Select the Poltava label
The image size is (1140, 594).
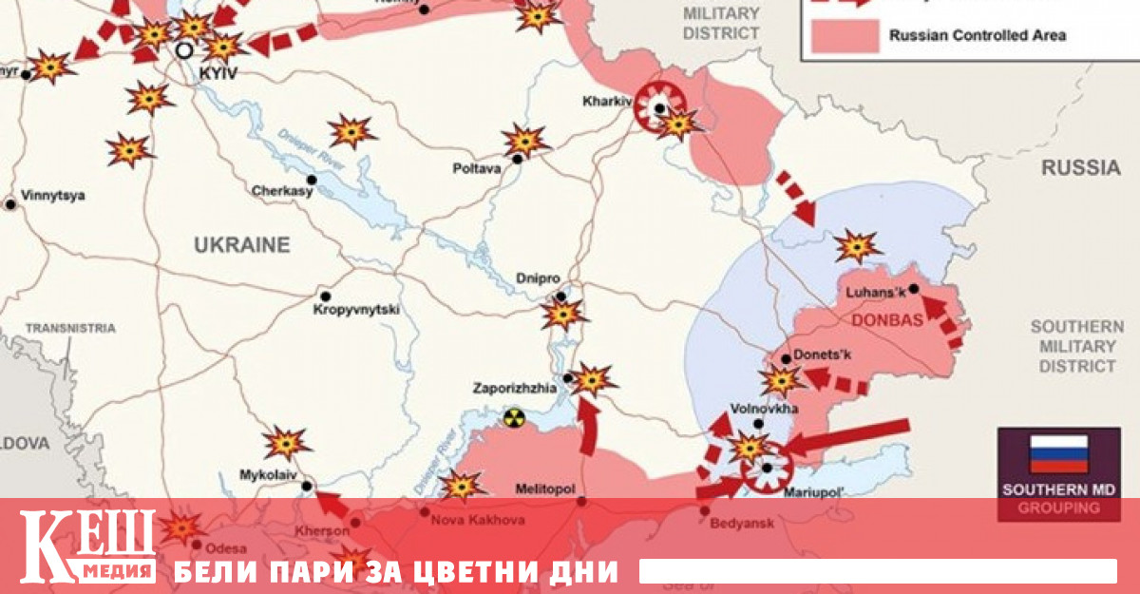coord(476,169)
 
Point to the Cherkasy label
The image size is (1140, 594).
coord(282,191)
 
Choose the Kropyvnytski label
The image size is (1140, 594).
coord(357,310)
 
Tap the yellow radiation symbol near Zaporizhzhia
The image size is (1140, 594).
coord(514,416)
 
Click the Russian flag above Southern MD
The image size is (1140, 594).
coord(1058,454)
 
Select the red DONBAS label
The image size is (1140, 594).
coord(888,320)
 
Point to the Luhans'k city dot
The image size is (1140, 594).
coord(913,288)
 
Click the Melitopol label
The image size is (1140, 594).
coord(544,488)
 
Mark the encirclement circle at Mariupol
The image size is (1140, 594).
coord(766,467)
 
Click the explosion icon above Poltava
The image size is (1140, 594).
coord(524,140)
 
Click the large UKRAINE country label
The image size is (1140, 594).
coord(241,245)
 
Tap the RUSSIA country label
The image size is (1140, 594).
coord(1080,168)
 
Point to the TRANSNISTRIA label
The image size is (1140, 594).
coord(70,328)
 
